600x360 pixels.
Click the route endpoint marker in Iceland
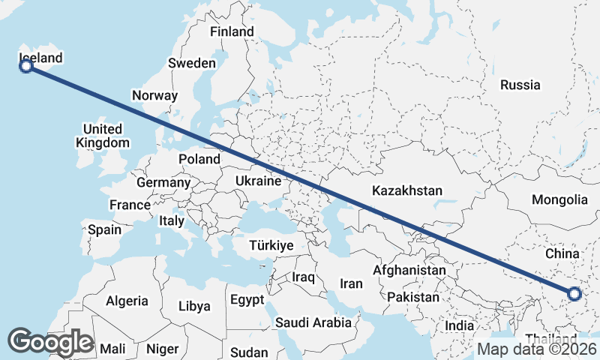[x=26, y=67]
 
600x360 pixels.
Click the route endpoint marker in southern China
[x=574, y=294]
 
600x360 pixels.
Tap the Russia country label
[x=520, y=85]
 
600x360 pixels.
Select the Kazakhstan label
[x=407, y=190]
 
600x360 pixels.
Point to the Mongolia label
[x=559, y=199]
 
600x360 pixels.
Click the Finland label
[x=232, y=32]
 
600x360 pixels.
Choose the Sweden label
[x=192, y=63]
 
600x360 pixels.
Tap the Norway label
[x=154, y=95]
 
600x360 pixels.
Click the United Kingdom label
[x=103, y=136]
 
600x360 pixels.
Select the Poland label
[x=199, y=159]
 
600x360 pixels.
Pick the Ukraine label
[x=258, y=181]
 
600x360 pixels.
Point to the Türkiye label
[x=271, y=245]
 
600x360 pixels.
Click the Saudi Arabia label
[x=313, y=322]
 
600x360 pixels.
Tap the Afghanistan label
[x=410, y=270]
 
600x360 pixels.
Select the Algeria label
[x=127, y=301]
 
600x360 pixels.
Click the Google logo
[x=50, y=342]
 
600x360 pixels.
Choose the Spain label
[x=104, y=229]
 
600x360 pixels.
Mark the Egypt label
[x=247, y=300]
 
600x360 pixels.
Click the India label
[x=460, y=325]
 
